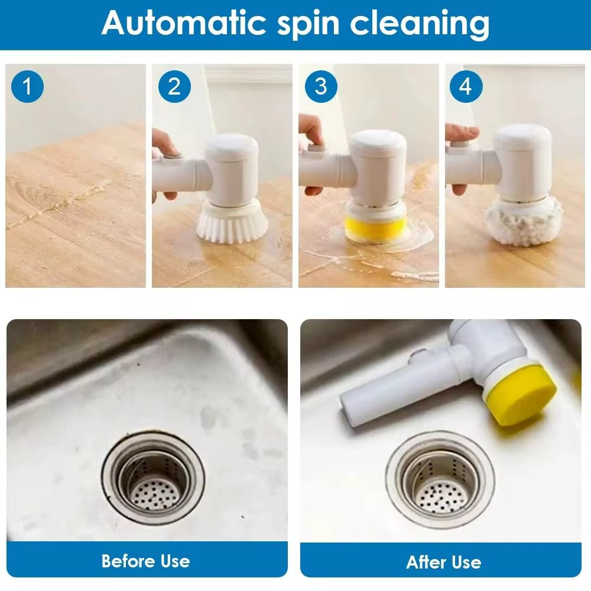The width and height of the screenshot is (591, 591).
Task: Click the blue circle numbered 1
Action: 27,87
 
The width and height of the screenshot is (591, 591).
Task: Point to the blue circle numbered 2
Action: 174,87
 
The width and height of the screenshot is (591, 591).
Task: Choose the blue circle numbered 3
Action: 320,87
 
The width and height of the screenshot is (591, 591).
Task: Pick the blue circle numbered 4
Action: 466,87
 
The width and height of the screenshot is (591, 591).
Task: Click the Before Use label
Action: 145,560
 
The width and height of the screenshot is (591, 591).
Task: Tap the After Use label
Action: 443,561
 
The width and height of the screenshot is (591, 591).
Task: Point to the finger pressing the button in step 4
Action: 464,134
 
